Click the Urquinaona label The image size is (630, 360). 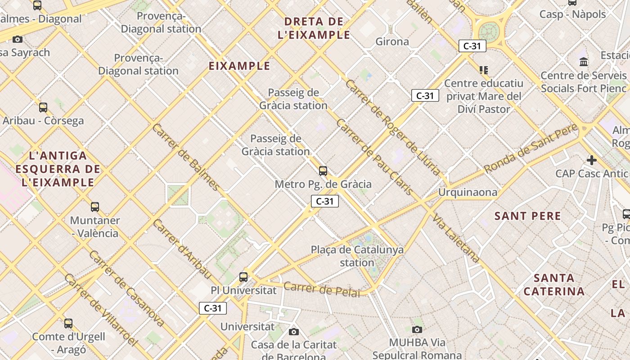pyautogui.click(x=468, y=193)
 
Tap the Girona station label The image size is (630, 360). pyautogui.click(x=392, y=42)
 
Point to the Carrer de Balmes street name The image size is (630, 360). pyautogui.click(x=186, y=157)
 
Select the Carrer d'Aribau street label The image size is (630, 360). pyautogui.click(x=182, y=248)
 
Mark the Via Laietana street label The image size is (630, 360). pyautogui.click(x=456, y=238)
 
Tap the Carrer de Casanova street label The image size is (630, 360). pyautogui.click(x=126, y=288)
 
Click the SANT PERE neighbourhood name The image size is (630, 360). pyautogui.click(x=528, y=216)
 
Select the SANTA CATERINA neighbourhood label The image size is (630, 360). pyautogui.click(x=554, y=284)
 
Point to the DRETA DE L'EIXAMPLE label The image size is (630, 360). pyautogui.click(x=314, y=28)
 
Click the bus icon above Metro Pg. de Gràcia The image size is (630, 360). pyautogui.click(x=323, y=171)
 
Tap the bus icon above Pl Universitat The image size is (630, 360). pyautogui.click(x=243, y=277)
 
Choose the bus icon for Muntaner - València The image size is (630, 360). pyautogui.click(x=95, y=207)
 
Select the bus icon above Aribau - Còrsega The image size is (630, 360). pyautogui.click(x=43, y=108)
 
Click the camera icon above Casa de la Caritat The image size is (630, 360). pyautogui.click(x=294, y=332)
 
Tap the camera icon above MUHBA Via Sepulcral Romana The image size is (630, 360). pyautogui.click(x=417, y=329)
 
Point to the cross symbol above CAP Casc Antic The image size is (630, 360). pyautogui.click(x=592, y=160)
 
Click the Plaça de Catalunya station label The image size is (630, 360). pyautogui.click(x=357, y=256)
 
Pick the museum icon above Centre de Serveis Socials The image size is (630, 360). pyautogui.click(x=584, y=62)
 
